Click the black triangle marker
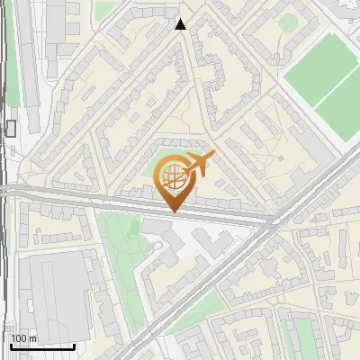click(x=181, y=25)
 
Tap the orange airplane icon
click(x=199, y=165)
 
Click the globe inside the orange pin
click(x=172, y=175)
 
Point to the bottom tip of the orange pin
click(x=173, y=211)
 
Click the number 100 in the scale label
click(x=19, y=338)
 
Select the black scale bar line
click(x=41, y=346)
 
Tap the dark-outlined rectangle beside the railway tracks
click(x=11, y=129)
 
